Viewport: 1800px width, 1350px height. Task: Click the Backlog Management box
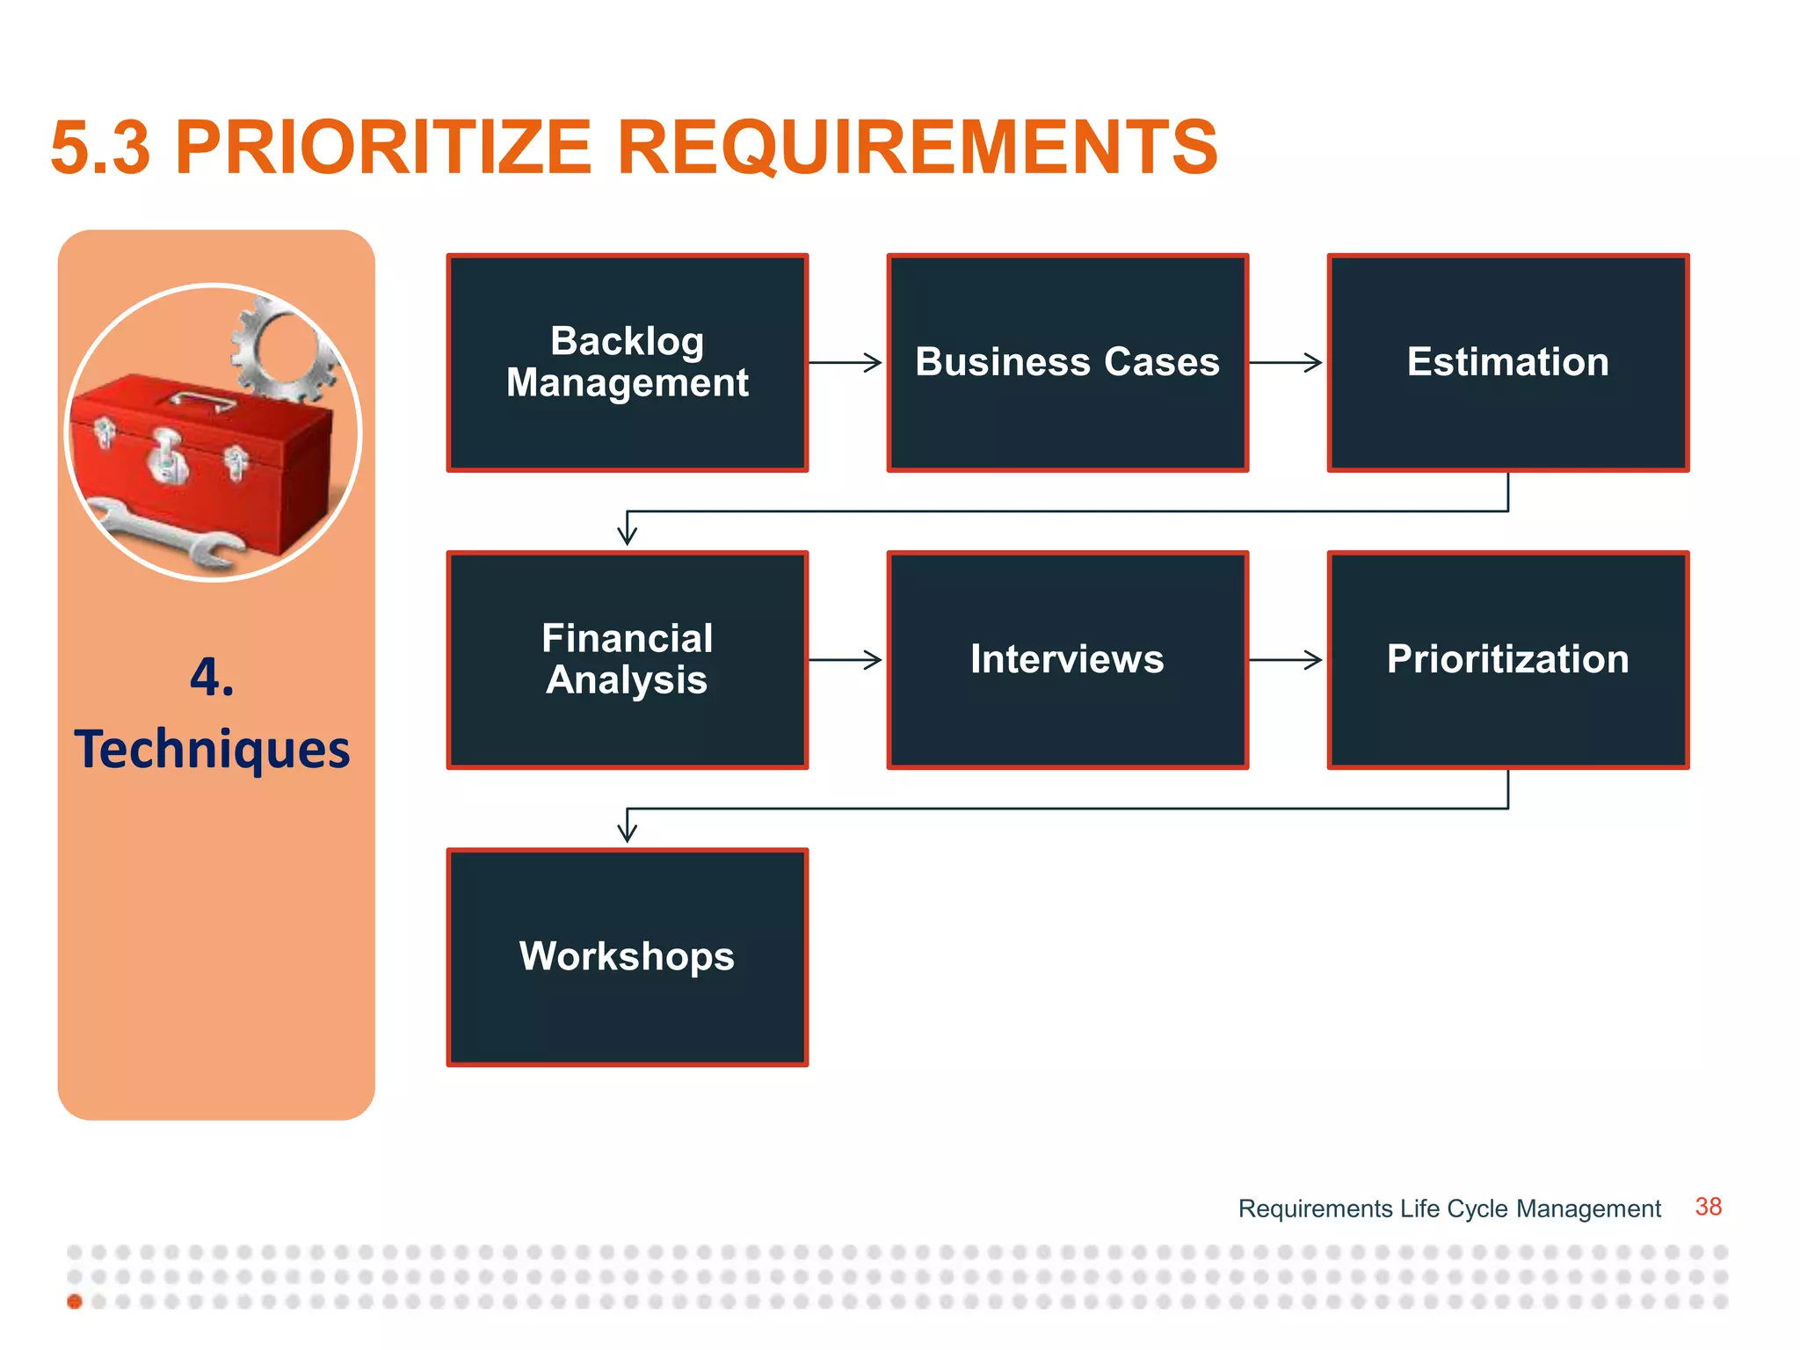(627, 362)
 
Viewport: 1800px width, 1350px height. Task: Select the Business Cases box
(1067, 362)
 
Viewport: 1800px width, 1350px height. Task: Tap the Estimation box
(1507, 362)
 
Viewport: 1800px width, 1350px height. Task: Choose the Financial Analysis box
(627, 659)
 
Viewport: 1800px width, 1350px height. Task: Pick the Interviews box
(1067, 659)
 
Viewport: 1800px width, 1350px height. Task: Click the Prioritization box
(1507, 659)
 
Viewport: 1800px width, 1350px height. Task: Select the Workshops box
(627, 956)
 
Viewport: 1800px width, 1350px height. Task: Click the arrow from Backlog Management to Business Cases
(846, 362)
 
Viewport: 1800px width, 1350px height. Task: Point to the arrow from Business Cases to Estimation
(1286, 362)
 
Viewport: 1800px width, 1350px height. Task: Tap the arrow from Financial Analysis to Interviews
(846, 659)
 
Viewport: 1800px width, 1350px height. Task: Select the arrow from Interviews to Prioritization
(1286, 659)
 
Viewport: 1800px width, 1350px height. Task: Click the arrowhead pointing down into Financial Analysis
(627, 533)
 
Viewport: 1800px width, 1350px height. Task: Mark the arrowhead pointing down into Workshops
(627, 830)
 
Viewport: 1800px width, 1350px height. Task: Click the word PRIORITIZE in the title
(383, 148)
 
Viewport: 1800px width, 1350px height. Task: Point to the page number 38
(1708, 1207)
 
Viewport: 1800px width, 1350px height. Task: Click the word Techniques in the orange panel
(212, 750)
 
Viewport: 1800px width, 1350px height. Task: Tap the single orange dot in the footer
(75, 1302)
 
